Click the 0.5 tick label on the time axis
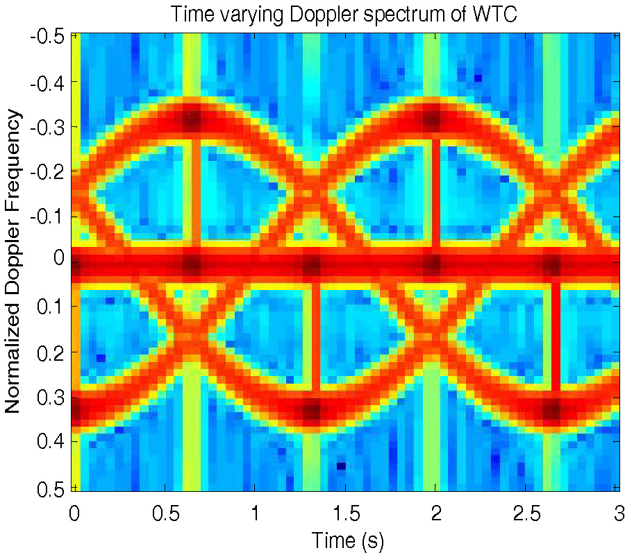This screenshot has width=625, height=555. pos(165,513)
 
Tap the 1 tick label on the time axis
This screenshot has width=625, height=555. pos(255,513)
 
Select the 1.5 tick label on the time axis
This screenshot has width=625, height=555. pos(346,513)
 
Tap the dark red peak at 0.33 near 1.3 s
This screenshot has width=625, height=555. pos(312,411)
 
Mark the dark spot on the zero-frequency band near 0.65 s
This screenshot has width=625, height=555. pos(192,265)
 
